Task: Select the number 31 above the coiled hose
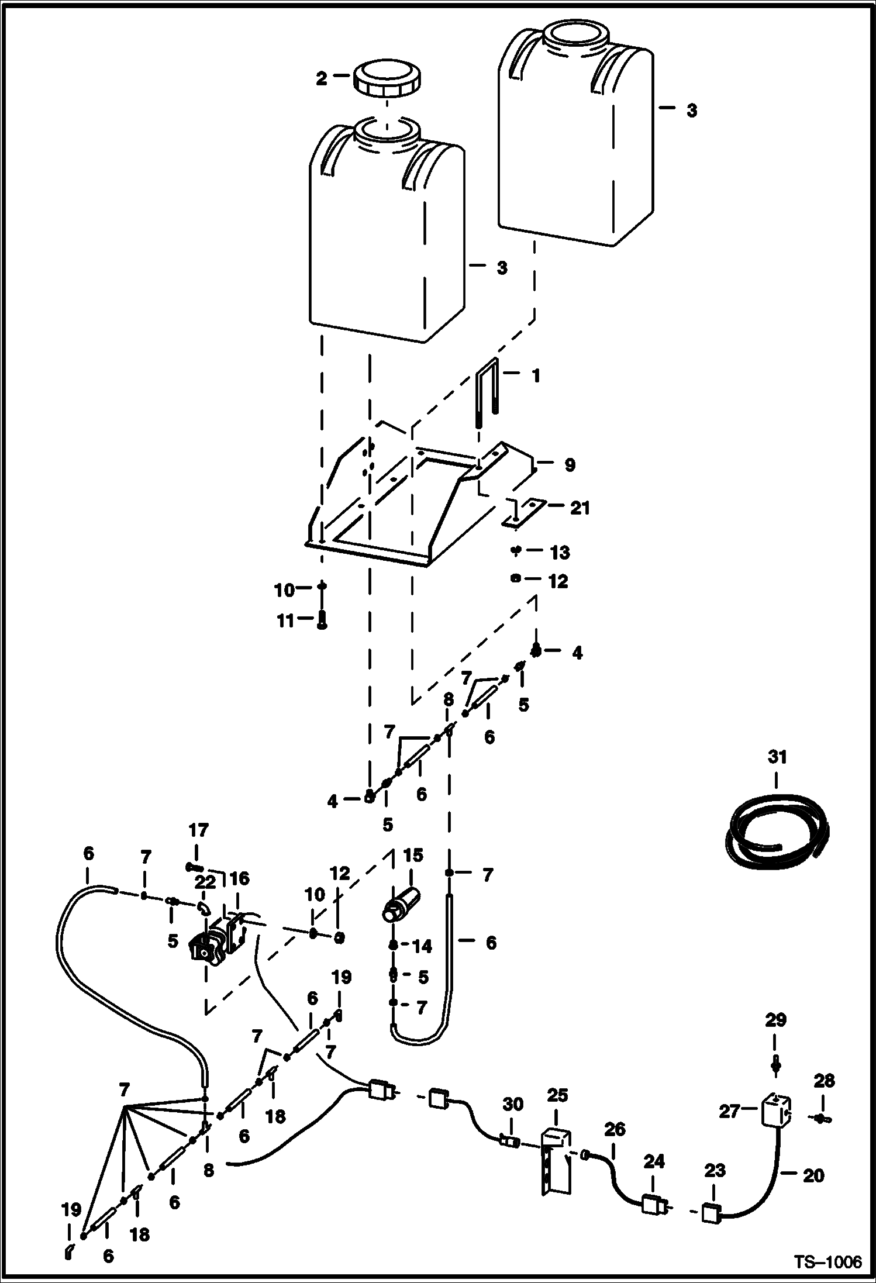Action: (x=777, y=757)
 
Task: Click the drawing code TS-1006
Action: (x=827, y=1263)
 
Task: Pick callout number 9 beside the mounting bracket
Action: (x=570, y=465)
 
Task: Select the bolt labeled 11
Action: (x=322, y=620)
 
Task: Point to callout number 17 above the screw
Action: (x=198, y=830)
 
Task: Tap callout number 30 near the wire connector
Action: (x=513, y=1104)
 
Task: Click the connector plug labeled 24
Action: (x=653, y=1203)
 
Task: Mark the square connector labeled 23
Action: (x=711, y=1213)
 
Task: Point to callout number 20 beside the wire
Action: (x=813, y=1175)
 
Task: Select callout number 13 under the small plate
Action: (x=560, y=553)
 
